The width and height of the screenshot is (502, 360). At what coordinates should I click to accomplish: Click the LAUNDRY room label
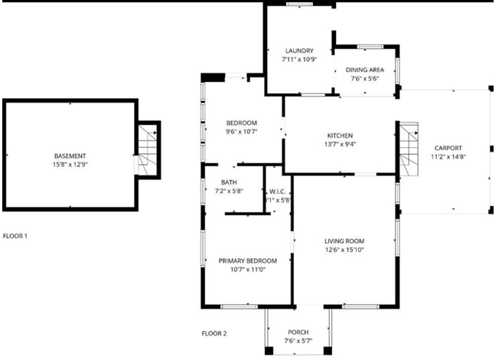coord(298,51)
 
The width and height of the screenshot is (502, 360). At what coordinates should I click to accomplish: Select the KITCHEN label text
coord(340,136)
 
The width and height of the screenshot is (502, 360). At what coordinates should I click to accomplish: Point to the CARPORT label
coord(448,148)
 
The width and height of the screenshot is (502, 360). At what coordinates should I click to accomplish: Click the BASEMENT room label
coord(70,156)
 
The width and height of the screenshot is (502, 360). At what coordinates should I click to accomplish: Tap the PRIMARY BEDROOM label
coord(247,260)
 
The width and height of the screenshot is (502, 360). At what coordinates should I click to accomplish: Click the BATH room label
coord(229,183)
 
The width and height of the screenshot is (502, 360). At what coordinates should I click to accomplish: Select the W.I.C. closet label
coord(276,191)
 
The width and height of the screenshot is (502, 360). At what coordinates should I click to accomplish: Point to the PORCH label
coord(298,332)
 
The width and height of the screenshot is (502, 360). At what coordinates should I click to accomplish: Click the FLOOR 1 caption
coord(15,237)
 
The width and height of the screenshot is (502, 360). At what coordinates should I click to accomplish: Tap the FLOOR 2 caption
coord(214,333)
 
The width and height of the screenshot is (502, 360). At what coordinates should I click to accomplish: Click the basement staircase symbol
coord(147,151)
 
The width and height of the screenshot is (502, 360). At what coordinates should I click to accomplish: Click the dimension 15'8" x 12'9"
coord(70,165)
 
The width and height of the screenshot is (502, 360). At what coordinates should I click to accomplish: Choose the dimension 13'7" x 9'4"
coord(340,144)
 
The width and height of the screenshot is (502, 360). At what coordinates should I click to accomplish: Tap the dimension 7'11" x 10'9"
coord(298,60)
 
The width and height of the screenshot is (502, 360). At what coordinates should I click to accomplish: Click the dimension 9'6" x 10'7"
coord(241,131)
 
